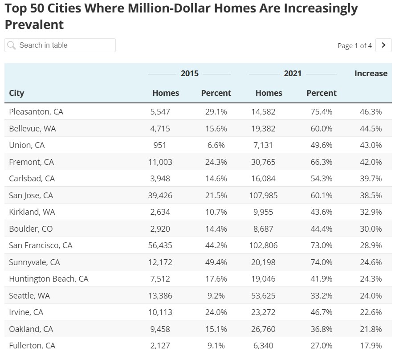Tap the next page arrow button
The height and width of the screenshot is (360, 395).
point(383,45)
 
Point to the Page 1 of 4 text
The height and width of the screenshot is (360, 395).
point(354,45)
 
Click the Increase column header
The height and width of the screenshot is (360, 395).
point(371,74)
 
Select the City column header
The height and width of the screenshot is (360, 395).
point(16,93)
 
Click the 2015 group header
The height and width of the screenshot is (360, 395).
point(189,74)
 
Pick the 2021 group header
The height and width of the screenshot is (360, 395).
point(293,74)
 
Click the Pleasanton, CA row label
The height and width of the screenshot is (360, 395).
point(36,112)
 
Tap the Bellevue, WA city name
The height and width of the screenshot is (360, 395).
point(33,128)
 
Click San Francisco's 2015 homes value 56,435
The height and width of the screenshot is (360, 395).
point(160,245)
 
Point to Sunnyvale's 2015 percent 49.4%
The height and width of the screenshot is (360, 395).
point(216,262)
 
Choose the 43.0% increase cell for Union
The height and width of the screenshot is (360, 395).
point(371,145)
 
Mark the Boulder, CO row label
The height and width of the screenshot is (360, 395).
point(31,229)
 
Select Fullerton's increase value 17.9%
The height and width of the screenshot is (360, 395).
point(371,346)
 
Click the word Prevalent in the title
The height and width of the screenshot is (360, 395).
point(34,25)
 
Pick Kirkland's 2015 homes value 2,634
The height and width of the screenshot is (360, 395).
point(160,212)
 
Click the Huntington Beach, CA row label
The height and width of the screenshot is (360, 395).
point(49,279)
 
